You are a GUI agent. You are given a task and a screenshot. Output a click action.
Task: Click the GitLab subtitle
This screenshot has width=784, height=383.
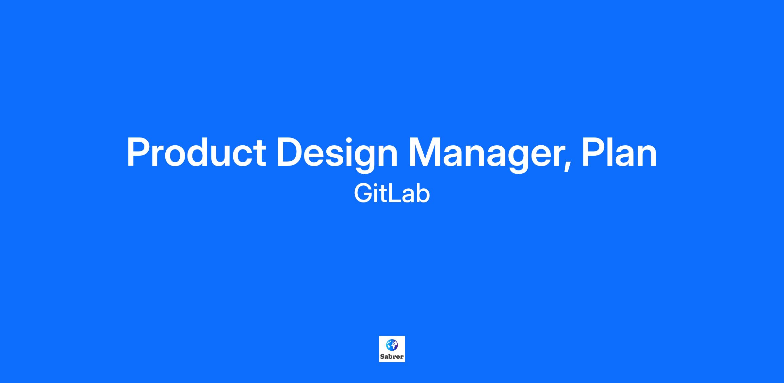point(392,194)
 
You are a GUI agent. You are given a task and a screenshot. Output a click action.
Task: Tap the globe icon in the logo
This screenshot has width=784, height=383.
point(392,345)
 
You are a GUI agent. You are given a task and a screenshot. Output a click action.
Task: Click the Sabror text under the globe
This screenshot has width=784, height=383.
point(392,357)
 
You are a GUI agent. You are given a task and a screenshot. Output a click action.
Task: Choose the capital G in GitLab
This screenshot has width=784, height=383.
point(363,194)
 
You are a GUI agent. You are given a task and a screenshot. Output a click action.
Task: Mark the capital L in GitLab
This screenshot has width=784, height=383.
point(397,194)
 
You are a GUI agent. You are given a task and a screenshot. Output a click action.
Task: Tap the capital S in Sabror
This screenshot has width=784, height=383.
point(382,357)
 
